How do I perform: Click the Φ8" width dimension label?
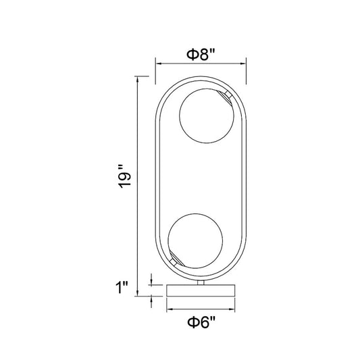tap(201, 55)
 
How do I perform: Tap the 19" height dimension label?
tap(124, 176)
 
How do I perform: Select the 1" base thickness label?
tap(122, 287)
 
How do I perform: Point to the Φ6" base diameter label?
tap(201, 322)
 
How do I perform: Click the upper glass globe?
tap(207, 116)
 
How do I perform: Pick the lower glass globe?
tap(195, 241)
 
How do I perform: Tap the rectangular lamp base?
tap(201, 290)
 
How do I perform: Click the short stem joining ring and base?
tap(201, 282)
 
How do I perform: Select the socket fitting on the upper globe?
tap(226, 97)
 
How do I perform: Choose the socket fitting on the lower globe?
tap(176, 259)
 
